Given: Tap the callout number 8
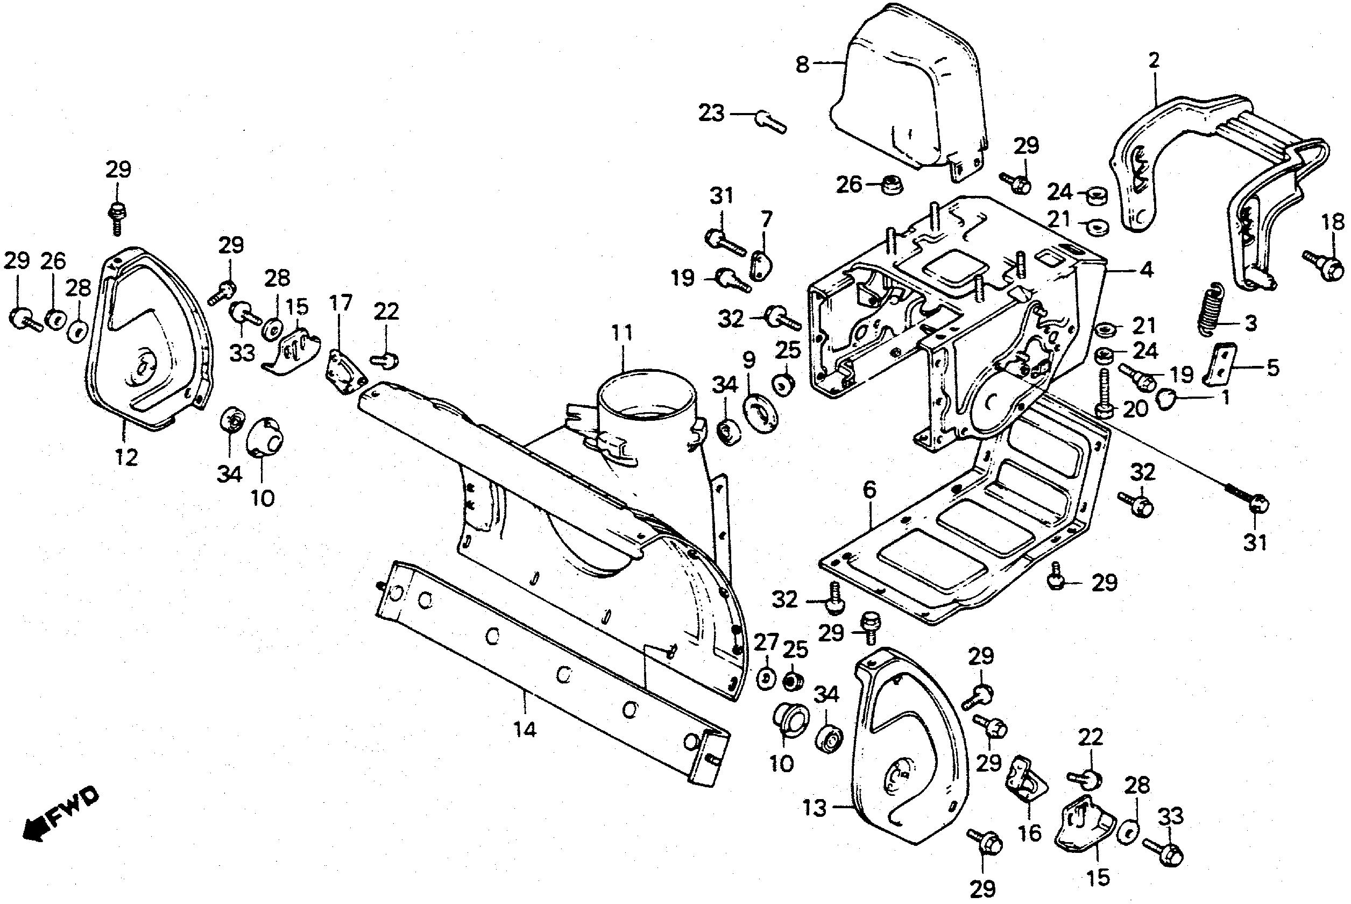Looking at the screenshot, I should click(x=802, y=65).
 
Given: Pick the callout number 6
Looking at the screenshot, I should click(x=869, y=491).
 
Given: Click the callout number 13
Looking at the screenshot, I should click(x=815, y=808).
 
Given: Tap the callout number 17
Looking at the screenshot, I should click(x=341, y=303).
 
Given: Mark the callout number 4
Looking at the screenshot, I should click(x=1147, y=269).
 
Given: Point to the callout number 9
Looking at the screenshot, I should click(x=748, y=361).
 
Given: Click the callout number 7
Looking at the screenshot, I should click(x=766, y=220).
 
